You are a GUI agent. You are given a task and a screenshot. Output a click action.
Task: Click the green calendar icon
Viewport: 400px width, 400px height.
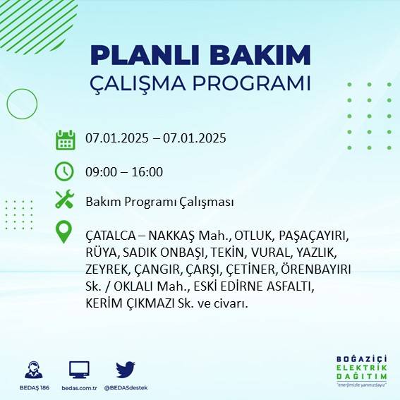65,140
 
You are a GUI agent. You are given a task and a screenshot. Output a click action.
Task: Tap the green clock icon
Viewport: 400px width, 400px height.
65,171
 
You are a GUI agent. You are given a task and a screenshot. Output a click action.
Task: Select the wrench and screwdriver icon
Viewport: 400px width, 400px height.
65,200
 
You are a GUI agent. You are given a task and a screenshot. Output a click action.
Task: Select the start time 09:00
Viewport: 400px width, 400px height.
100,171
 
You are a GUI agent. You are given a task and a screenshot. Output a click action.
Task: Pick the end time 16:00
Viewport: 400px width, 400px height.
148,171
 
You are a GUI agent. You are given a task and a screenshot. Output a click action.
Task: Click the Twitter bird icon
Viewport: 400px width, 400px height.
126,369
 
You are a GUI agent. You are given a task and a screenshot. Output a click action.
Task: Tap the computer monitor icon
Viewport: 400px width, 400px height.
79,369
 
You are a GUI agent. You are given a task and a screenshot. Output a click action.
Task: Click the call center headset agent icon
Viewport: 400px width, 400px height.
32,369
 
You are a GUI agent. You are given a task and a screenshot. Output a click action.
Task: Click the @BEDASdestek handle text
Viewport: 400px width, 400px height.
125,388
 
